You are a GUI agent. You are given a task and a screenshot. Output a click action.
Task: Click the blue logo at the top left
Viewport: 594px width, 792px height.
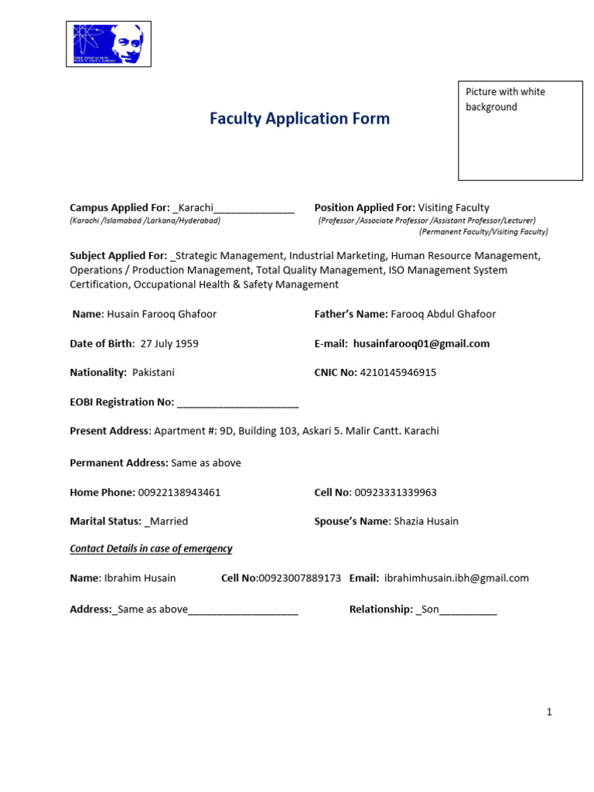108,44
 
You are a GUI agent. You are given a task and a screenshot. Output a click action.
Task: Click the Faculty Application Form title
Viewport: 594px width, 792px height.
299,118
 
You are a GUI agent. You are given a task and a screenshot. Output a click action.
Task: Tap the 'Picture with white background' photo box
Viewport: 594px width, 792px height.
520,131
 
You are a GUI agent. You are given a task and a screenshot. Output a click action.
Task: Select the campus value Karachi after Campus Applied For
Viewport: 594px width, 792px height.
196,207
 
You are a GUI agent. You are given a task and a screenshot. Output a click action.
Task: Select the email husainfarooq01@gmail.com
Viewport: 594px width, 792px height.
421,343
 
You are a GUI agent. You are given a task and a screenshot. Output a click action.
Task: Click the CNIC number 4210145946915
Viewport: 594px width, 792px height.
398,372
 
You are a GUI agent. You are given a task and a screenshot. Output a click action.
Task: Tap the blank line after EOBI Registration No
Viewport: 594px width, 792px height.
237,402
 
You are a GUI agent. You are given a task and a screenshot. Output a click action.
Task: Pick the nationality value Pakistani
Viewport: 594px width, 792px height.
153,372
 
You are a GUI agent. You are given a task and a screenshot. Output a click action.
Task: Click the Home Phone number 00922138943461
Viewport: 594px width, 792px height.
179,492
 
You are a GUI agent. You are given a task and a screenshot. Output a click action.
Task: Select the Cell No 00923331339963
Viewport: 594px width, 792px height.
398,492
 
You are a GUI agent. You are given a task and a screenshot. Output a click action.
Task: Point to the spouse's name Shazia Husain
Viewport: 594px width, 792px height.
426,521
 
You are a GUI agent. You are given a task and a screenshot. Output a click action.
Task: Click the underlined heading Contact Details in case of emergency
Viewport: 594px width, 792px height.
151,548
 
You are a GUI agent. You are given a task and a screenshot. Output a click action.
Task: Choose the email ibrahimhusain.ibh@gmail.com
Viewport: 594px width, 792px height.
456,578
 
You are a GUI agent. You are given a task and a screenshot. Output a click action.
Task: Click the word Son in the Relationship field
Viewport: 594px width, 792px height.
429,609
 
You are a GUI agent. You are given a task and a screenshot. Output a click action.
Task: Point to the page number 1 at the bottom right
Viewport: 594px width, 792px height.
549,712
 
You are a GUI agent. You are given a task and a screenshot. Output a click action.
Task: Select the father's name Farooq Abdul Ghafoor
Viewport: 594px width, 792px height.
443,314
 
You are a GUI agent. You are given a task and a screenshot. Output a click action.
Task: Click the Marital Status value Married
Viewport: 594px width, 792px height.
169,521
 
